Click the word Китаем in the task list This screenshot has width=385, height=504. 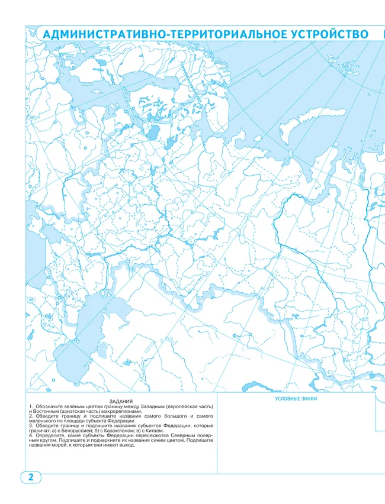point(148,431)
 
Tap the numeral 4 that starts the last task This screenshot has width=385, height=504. point(30,436)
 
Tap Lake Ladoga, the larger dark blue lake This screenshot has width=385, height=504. point(153,131)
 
